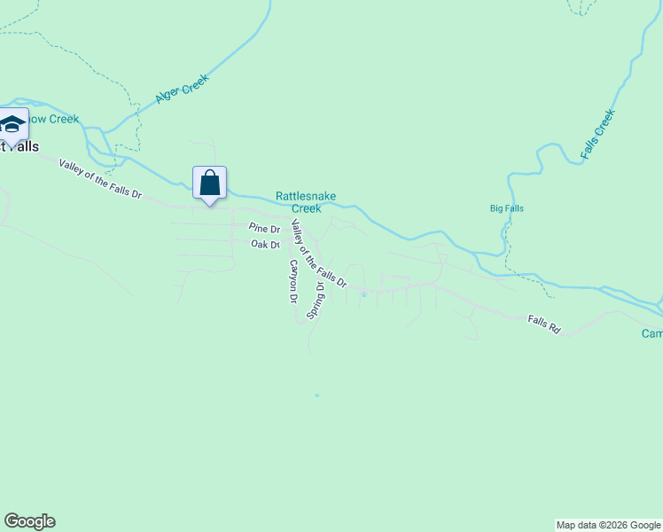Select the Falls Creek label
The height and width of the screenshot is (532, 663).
click(597, 135)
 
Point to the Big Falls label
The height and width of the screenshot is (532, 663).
click(507, 208)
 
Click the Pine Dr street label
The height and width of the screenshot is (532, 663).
click(264, 229)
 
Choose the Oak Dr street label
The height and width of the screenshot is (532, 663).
click(265, 244)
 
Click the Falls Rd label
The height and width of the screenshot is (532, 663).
click(544, 325)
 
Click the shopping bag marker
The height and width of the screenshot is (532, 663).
click(209, 183)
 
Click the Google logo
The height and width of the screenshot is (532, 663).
click(29, 521)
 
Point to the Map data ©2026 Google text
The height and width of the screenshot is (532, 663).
click(608, 525)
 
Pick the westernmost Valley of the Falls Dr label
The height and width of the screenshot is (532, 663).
click(100, 177)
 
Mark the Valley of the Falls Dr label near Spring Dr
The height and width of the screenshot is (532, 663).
click(318, 258)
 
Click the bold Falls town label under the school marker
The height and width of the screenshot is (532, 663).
click(19, 146)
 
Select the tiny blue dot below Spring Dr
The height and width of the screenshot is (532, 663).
click(316, 395)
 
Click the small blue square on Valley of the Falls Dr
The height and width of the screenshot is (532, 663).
click(363, 295)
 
